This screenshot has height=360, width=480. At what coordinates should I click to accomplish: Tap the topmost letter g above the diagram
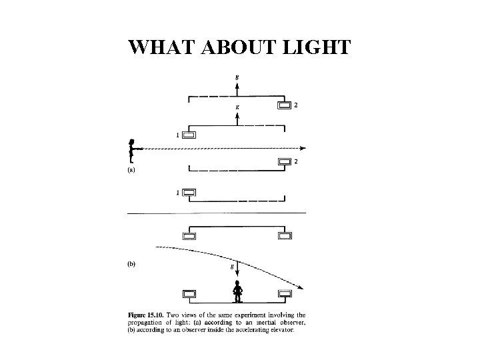(x=238, y=77)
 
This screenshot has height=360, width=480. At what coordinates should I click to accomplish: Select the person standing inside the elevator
(x=237, y=291)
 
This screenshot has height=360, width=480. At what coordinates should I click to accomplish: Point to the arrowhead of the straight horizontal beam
(x=303, y=148)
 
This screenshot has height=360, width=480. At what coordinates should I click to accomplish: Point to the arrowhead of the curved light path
(x=301, y=287)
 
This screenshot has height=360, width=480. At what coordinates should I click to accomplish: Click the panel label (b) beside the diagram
(x=131, y=263)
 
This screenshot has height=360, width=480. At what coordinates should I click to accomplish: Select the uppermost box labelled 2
(x=285, y=105)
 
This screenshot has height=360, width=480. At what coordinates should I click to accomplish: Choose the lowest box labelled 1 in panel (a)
(x=189, y=193)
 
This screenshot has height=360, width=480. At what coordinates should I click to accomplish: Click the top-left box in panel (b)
(x=189, y=235)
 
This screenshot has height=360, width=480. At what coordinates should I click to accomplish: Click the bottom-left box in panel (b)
(x=189, y=293)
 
